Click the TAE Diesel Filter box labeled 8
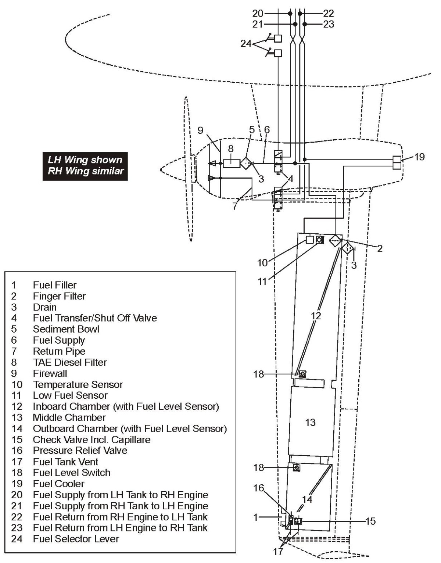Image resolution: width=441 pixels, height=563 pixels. (231, 162)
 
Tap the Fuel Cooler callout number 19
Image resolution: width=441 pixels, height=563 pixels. (419, 157)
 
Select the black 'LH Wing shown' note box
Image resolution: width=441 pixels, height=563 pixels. (85, 166)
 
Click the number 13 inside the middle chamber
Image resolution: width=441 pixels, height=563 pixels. (310, 422)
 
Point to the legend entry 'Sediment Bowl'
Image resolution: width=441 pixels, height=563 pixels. (66, 329)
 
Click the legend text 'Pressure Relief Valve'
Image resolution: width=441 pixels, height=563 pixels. (80, 451)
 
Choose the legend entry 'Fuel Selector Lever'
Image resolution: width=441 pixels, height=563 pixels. (76, 539)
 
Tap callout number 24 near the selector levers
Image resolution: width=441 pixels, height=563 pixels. (246, 44)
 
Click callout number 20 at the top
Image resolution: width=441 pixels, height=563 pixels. (258, 14)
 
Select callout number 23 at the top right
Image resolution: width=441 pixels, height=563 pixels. (329, 24)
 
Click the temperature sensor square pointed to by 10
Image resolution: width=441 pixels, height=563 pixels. (310, 240)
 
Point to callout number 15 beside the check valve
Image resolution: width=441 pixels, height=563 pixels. (371, 521)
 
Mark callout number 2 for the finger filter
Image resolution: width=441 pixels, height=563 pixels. (380, 249)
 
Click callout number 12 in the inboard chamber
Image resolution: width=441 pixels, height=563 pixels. (316, 316)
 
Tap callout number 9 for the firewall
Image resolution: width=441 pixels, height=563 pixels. (200, 130)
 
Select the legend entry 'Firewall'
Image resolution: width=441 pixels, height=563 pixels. (50, 373)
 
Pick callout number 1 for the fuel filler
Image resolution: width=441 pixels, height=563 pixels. (256, 517)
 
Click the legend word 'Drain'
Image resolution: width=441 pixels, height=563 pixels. (45, 307)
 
